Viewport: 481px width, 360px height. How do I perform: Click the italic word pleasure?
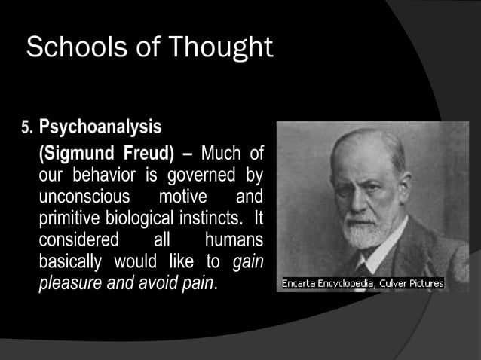71,284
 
